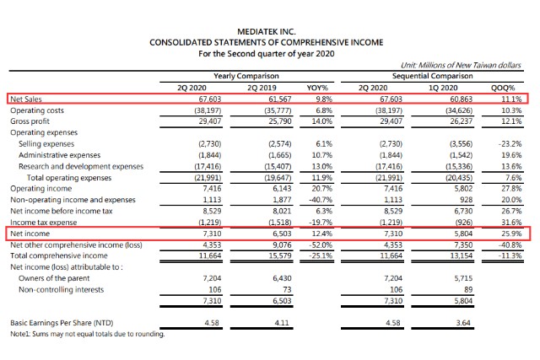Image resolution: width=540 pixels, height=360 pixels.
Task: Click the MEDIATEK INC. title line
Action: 267,32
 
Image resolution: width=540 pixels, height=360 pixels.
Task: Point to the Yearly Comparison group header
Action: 246,76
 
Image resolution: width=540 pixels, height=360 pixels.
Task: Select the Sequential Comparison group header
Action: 432,76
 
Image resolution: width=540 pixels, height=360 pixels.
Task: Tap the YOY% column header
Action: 317,88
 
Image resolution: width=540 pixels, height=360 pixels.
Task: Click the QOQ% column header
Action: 503,88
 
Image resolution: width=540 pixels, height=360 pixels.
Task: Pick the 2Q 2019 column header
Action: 262,88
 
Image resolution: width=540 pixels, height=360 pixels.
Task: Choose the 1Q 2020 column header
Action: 443,88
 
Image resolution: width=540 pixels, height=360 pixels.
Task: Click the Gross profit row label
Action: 30,121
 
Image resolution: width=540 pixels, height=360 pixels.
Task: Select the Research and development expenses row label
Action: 81,166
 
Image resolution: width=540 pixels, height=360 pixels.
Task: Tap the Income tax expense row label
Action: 43,223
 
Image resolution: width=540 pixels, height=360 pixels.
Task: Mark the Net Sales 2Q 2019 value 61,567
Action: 279,99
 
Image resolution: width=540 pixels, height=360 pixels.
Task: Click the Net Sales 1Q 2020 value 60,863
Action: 462,99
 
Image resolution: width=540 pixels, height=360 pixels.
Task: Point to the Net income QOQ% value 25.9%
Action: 511,234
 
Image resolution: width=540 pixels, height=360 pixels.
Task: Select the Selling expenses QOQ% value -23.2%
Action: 510,144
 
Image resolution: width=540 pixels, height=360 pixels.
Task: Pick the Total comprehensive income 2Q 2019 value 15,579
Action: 280,255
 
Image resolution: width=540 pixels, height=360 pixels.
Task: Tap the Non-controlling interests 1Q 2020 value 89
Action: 468,290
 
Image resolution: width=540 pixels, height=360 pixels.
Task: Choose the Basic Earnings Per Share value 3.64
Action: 463,323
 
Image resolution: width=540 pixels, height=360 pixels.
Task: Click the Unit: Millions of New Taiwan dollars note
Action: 461,65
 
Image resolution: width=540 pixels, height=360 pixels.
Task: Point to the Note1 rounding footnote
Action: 88,334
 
